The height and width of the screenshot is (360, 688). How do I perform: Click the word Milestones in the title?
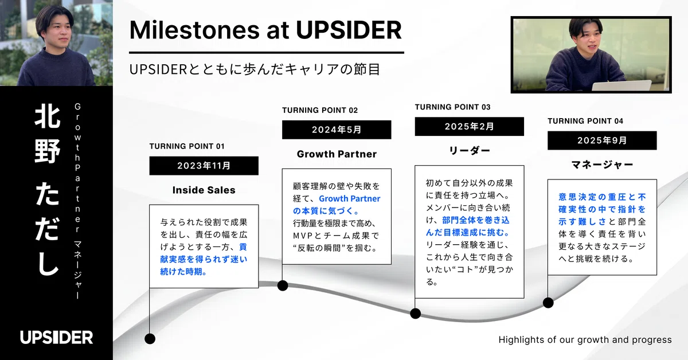(x=194, y=30)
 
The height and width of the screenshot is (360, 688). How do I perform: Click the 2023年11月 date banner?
(x=204, y=166)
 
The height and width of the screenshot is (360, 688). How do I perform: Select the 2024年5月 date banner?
(x=337, y=130)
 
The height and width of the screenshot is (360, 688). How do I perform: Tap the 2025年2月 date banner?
(x=470, y=126)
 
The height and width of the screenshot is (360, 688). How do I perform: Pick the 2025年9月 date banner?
(x=602, y=140)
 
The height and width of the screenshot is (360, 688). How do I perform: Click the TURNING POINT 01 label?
(x=187, y=146)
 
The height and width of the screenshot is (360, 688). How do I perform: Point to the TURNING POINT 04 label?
(x=585, y=121)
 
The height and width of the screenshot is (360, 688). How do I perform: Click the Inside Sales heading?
(x=204, y=190)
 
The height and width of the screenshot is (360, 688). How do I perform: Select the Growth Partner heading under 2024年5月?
(x=337, y=154)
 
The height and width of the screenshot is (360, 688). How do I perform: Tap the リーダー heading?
(x=470, y=151)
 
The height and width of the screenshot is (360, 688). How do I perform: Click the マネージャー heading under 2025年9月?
(x=602, y=165)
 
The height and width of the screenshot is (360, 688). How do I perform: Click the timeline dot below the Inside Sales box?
(x=150, y=339)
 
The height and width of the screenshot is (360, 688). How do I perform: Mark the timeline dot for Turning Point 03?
(x=415, y=314)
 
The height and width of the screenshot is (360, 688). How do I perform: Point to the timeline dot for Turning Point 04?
(x=548, y=303)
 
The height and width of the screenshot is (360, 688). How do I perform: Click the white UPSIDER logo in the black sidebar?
(x=57, y=337)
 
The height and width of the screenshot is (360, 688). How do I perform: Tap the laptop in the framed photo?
(x=622, y=85)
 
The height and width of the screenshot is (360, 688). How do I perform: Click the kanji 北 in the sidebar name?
(x=47, y=115)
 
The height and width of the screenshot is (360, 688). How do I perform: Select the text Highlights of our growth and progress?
(x=585, y=340)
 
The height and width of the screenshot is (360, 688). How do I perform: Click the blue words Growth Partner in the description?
(x=350, y=199)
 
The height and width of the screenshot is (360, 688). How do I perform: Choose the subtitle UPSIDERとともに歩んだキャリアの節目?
(x=255, y=69)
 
